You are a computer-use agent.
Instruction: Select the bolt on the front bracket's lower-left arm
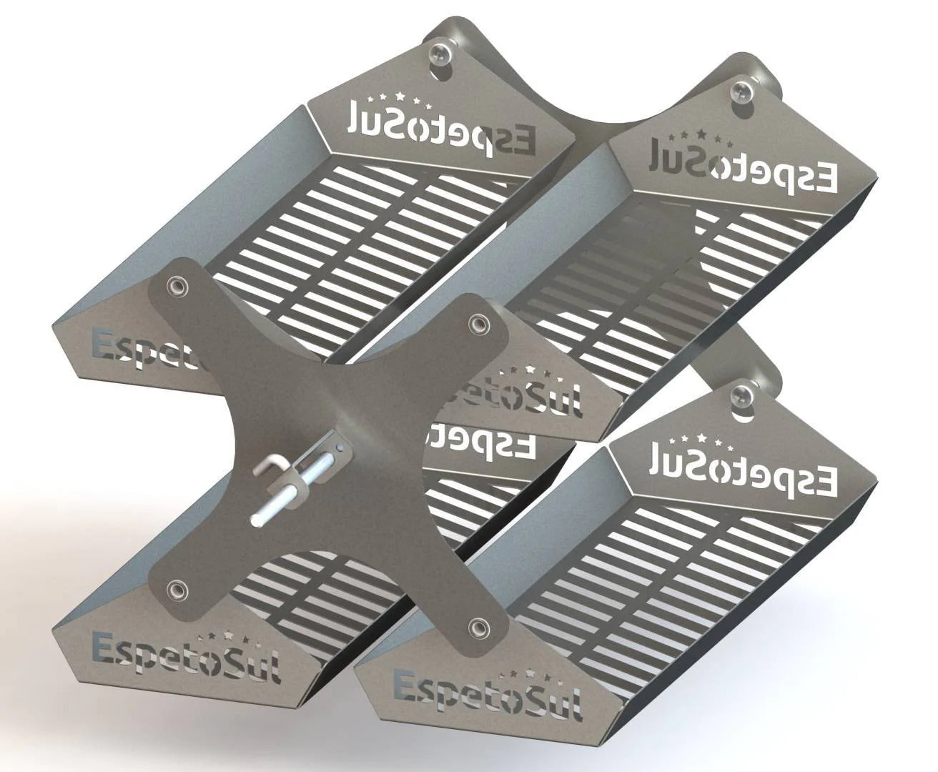(x=174, y=590)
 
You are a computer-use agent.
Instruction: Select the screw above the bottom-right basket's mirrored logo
(x=741, y=395)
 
